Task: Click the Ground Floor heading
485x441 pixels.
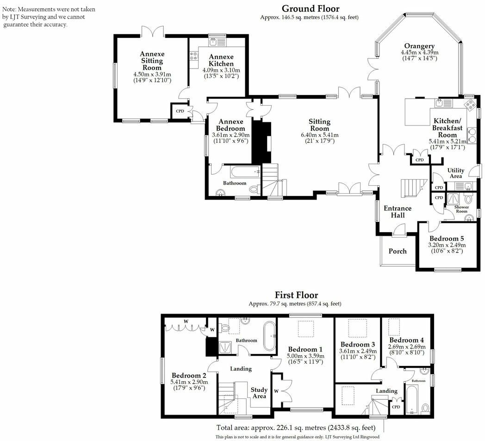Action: tap(310, 9)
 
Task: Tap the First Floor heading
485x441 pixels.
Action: tap(296, 295)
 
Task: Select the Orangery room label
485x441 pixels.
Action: tap(419, 46)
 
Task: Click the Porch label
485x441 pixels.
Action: tap(397, 251)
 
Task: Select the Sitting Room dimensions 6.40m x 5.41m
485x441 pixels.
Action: tap(319, 135)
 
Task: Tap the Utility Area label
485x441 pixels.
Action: tap(455, 173)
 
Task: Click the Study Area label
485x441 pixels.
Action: tap(259, 393)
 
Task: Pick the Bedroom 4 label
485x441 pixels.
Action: tap(403, 340)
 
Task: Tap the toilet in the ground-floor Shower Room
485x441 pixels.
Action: tap(467, 199)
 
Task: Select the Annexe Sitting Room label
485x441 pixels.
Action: tap(152, 61)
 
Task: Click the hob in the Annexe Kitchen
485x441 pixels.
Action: tap(193, 57)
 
